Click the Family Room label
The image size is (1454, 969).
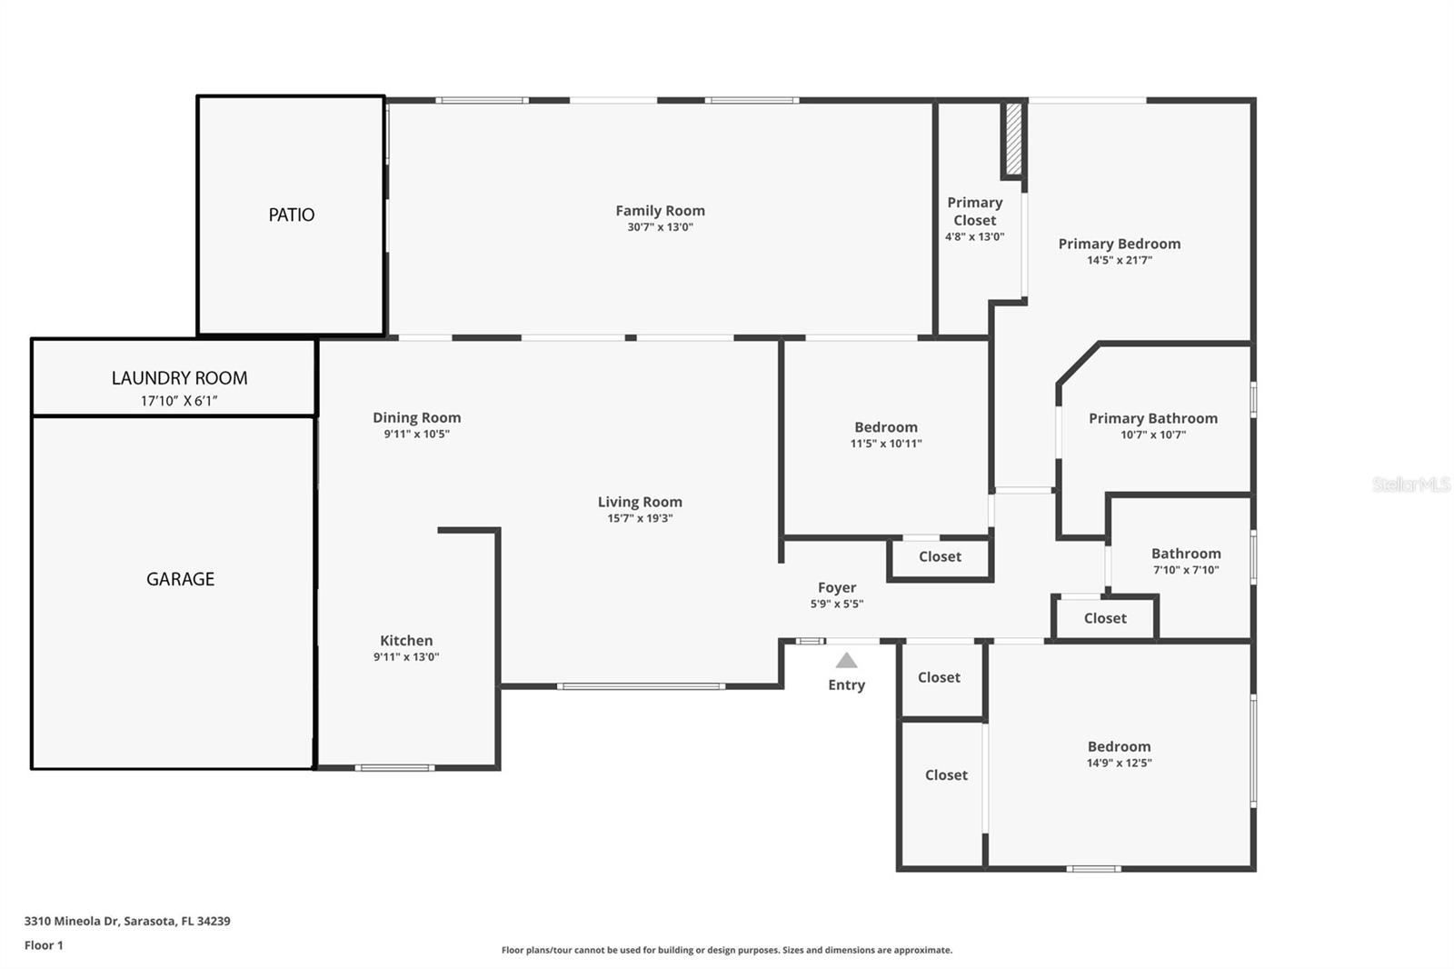click(x=660, y=211)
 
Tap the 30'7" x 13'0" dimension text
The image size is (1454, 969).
click(x=660, y=227)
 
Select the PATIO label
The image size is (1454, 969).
click(x=291, y=215)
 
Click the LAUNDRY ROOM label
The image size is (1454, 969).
click(x=179, y=378)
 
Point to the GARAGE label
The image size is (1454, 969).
click(x=180, y=579)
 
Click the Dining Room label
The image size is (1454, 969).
click(x=416, y=418)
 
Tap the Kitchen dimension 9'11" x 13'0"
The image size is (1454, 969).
click(x=406, y=657)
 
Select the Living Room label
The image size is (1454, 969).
click(x=640, y=502)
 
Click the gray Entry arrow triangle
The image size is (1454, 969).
click(x=846, y=661)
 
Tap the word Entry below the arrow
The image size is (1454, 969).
click(x=846, y=685)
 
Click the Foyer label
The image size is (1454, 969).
click(x=837, y=588)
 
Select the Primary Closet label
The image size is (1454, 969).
click(x=974, y=212)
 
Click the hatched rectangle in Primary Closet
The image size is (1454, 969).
click(x=1013, y=139)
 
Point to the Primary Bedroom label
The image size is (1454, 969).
click(x=1120, y=244)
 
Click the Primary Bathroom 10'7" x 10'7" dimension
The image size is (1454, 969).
click(x=1153, y=435)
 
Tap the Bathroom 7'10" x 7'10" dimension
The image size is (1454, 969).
click(x=1186, y=571)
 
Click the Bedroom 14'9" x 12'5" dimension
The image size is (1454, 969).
click(x=1119, y=764)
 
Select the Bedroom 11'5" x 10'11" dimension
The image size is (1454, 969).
click(x=886, y=445)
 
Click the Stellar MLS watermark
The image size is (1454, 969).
click(x=1410, y=484)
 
